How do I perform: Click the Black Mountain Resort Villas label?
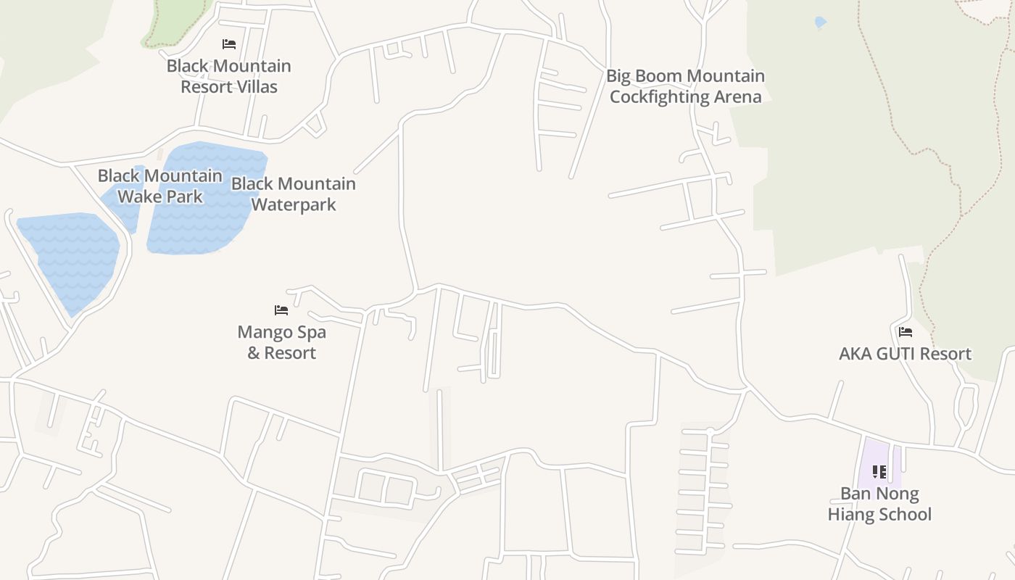[228, 76]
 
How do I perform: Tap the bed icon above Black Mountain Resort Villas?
[229, 44]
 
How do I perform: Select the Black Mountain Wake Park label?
[159, 186]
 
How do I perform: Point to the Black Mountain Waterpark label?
[294, 194]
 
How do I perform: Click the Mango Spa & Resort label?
[282, 342]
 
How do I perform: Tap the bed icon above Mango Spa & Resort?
[281, 310]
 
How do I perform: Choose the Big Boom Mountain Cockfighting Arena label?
[685, 86]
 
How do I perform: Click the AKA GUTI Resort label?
[905, 354]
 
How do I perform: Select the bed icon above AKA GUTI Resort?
[905, 332]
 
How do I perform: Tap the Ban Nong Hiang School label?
[879, 504]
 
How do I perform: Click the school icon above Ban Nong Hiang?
[879, 472]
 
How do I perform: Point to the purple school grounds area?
[870, 457]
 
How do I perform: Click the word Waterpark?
[294, 204]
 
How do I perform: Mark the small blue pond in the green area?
[820, 22]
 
